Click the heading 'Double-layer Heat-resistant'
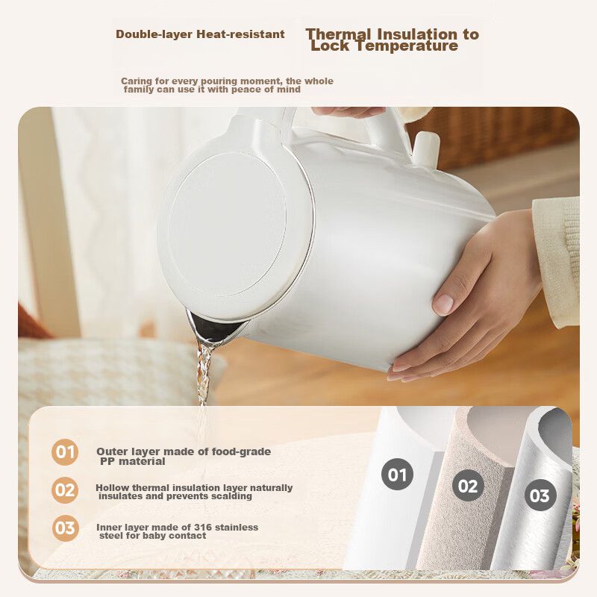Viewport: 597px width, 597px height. (200, 34)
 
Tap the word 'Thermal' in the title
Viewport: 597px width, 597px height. (339, 34)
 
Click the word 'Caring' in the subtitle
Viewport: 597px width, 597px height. (137, 81)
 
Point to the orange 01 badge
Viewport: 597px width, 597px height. (65, 452)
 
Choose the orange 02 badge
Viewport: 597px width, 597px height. (65, 490)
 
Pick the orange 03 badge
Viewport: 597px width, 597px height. (65, 528)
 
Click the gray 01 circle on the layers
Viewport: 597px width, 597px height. (397, 475)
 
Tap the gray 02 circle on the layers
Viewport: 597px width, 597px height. (468, 486)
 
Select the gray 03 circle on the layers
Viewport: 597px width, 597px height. (540, 496)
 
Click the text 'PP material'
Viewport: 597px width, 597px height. (133, 461)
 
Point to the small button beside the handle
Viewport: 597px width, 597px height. (425, 149)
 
